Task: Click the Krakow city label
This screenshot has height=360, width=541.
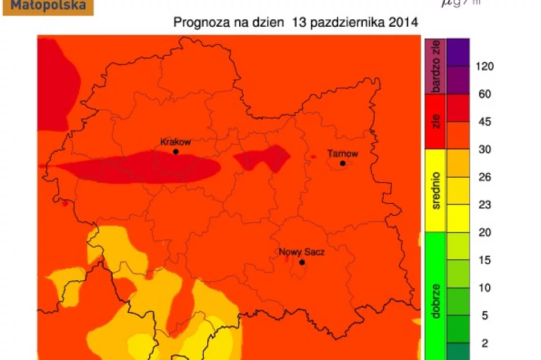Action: (175, 142)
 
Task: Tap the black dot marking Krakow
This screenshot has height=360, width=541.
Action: (175, 152)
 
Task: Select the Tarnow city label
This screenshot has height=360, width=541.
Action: (342, 153)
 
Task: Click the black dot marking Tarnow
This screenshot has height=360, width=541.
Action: (343, 163)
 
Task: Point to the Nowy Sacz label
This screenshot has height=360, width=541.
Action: (301, 252)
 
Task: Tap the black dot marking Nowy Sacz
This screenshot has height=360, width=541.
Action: (302, 262)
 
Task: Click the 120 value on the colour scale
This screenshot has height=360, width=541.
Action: (485, 67)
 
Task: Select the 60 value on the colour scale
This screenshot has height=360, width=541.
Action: (485, 94)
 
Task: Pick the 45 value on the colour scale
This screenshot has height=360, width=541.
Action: (485, 122)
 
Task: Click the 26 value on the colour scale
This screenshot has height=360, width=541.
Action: (485, 177)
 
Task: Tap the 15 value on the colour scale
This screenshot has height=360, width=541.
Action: (485, 260)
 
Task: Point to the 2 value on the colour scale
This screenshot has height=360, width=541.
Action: (485, 343)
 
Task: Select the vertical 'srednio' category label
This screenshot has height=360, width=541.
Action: (436, 191)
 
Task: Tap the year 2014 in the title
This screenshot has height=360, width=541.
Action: (405, 23)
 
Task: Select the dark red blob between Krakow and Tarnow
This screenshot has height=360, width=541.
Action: (262, 158)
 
